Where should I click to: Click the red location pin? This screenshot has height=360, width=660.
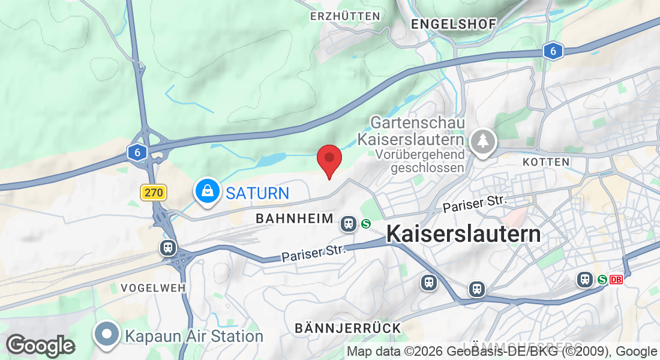329,159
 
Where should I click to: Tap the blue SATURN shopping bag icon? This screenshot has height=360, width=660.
207,191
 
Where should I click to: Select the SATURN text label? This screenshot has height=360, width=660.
257,193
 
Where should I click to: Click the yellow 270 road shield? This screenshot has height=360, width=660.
154,193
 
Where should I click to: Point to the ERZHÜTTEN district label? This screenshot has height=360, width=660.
345,16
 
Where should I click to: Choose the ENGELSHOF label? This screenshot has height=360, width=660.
454,24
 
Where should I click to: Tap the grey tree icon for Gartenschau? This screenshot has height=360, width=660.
482,141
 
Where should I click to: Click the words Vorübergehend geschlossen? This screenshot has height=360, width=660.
420,161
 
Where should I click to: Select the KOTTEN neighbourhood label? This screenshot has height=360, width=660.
545,163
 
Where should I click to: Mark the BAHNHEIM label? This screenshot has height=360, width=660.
295,218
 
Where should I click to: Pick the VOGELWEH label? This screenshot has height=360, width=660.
153,288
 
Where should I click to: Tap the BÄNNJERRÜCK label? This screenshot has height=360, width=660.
348,328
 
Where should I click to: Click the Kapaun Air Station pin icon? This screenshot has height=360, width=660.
107,334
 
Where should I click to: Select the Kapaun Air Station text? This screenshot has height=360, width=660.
194,336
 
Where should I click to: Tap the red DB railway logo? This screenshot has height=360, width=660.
616,280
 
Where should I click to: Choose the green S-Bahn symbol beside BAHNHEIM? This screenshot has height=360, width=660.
366,224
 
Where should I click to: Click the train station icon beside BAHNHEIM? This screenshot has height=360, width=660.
348,224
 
